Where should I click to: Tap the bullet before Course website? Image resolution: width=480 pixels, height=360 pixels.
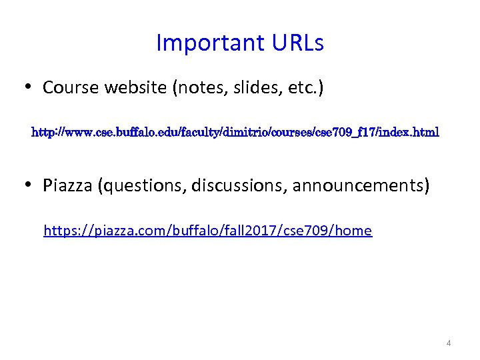tap(28, 87)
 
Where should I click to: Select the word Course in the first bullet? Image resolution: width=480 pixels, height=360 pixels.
tap(69, 87)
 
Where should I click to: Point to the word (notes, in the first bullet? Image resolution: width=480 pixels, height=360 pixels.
tap(199, 87)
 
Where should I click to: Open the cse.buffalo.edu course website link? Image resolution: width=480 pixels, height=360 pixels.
tap(235, 133)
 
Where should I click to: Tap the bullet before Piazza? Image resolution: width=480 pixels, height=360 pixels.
tap(28, 185)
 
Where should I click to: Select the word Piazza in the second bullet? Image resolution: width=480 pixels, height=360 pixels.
tap(67, 185)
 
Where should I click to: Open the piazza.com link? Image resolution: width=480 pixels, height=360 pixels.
tap(207, 231)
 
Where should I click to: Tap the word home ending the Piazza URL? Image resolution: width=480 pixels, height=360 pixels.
tap(354, 231)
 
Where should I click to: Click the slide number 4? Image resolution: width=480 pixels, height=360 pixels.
tap(449, 343)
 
